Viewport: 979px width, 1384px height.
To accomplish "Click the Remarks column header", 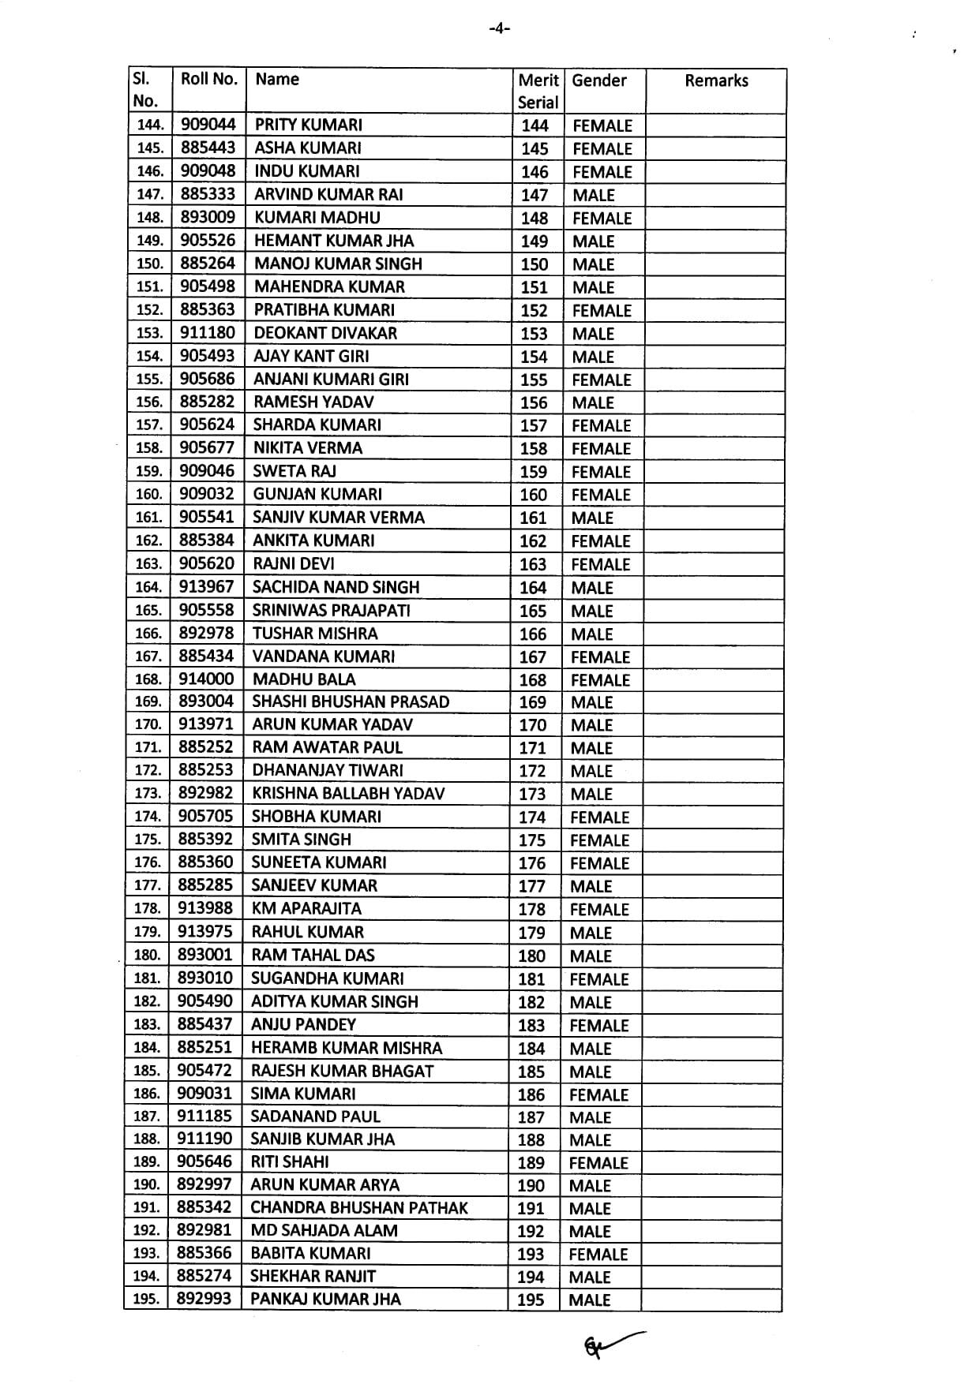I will pos(716,80).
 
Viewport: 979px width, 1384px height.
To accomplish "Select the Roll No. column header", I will pos(208,79).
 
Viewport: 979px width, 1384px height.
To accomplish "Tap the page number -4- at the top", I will pos(499,29).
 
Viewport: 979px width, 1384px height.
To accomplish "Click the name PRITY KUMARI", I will pos(309,125).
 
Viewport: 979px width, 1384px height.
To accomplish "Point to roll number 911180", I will pos(208,332).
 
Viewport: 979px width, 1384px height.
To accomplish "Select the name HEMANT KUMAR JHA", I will pos(334,241).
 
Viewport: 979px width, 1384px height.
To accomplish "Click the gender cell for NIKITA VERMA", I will pos(601,448).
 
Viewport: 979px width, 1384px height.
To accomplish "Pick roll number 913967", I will pos(207,586).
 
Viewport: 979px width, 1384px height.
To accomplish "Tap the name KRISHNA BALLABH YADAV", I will pos(348,793).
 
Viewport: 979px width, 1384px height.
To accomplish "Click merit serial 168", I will pos(533,679).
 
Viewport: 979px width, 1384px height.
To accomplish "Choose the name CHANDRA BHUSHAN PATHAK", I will pos(359,1207).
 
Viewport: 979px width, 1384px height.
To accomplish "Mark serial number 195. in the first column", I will pos(146,1299).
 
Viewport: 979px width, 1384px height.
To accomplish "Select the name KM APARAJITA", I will pos(306,908).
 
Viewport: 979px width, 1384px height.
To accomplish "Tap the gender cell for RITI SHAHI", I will pos(598,1162).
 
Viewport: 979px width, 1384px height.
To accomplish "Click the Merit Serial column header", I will pos(538,91).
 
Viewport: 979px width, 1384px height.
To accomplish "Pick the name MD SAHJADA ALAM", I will pos(324,1230).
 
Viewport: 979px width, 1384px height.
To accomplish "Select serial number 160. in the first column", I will pos(148,494).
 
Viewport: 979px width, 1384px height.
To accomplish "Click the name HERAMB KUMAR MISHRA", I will pos(346,1048).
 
